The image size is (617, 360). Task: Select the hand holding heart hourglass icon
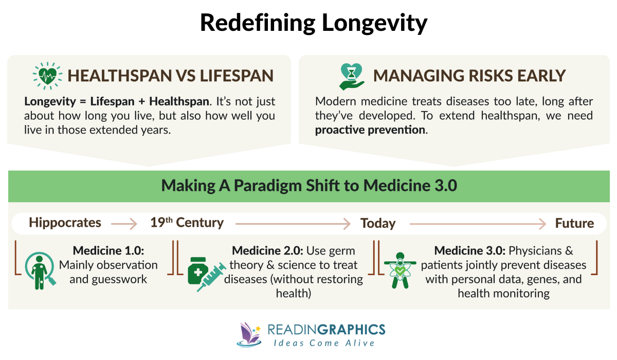352,76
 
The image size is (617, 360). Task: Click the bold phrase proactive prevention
370,130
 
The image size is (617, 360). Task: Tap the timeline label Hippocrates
65,223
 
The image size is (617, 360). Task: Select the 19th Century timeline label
187,223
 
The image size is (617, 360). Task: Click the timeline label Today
378,223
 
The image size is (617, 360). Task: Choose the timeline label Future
574,223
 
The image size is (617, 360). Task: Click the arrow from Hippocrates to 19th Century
124,224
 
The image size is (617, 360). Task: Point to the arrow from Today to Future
477,224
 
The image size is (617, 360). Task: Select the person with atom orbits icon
400,269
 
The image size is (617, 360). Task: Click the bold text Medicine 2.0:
267,251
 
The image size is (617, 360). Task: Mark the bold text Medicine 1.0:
108,251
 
